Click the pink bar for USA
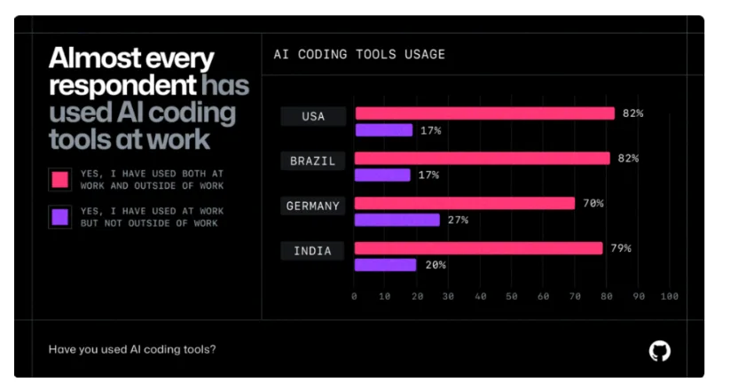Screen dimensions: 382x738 pyautogui.click(x=484, y=113)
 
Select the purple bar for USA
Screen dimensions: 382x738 pyautogui.click(x=384, y=130)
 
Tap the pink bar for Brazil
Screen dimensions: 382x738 pyautogui.click(x=483, y=158)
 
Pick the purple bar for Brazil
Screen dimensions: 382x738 pyautogui.click(x=383, y=175)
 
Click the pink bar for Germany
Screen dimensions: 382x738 pyautogui.click(x=465, y=203)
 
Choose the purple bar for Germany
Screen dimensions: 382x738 pyautogui.click(x=397, y=220)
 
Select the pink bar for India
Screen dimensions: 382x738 pyautogui.click(x=479, y=248)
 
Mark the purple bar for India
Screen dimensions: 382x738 pyautogui.click(x=386, y=265)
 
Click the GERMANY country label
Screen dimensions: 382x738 pyautogui.click(x=313, y=206)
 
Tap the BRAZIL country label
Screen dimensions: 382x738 pyautogui.click(x=313, y=161)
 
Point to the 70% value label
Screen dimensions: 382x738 pyautogui.click(x=593, y=203)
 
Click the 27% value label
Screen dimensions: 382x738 pyautogui.click(x=458, y=220)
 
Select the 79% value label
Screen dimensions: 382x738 pyautogui.click(x=621, y=248)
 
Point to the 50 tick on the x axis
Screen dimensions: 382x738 pyautogui.click(x=512, y=296)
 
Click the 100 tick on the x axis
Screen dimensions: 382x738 pyautogui.click(x=669, y=296)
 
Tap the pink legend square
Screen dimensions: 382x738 pyautogui.click(x=60, y=180)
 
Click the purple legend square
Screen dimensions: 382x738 pyautogui.click(x=60, y=217)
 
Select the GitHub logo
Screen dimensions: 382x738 pyautogui.click(x=659, y=350)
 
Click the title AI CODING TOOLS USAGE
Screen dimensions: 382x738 pyautogui.click(x=360, y=55)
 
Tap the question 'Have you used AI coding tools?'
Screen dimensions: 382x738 pyautogui.click(x=132, y=349)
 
